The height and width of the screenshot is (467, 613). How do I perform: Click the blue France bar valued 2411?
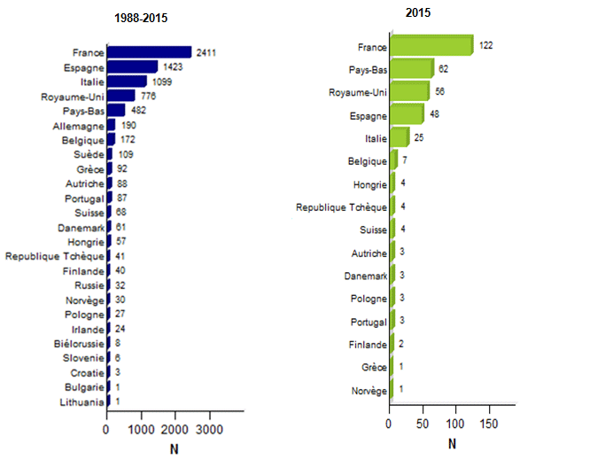click(149, 52)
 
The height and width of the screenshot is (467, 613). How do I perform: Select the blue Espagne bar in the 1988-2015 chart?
click(132, 66)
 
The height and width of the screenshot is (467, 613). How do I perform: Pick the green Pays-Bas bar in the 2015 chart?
click(411, 68)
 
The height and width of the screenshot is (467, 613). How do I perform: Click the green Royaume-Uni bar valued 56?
click(408, 91)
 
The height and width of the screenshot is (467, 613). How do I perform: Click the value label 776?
click(149, 96)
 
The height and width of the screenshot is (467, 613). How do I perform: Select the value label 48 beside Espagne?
click(434, 114)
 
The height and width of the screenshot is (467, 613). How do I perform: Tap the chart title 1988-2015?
click(144, 18)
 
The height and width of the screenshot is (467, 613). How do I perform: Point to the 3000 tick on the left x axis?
click(208, 430)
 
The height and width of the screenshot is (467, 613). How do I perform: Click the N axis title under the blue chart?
click(174, 449)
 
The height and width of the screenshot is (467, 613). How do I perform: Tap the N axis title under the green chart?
click(452, 444)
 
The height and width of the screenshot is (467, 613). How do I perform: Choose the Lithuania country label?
click(77, 402)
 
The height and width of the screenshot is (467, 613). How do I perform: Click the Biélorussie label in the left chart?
click(77, 344)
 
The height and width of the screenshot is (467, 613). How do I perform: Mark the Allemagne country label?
click(78, 125)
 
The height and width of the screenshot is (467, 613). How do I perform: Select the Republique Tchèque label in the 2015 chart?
click(341, 207)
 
